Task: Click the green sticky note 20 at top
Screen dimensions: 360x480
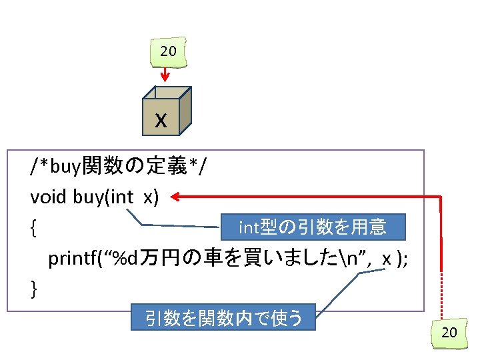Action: (x=168, y=51)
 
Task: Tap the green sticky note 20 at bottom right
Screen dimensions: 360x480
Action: (x=449, y=331)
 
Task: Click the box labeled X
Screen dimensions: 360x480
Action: (x=161, y=120)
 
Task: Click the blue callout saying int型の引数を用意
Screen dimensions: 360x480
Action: (x=313, y=228)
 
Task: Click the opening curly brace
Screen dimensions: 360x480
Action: (x=33, y=230)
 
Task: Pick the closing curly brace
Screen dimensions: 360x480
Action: (x=33, y=288)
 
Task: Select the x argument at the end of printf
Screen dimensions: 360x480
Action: (x=387, y=259)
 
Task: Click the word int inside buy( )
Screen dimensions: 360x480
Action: (x=121, y=199)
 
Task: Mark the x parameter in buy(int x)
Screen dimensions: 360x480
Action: (x=147, y=199)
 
